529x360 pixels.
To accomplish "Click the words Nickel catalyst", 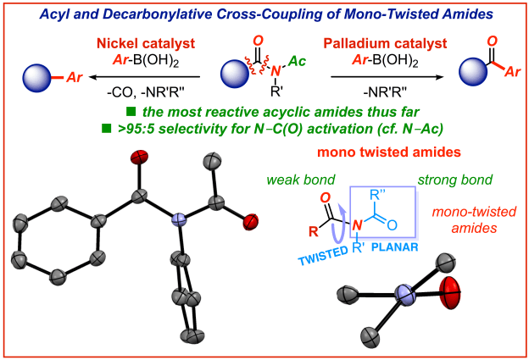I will pos(114,42).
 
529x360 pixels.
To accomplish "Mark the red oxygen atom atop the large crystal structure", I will pos(141,157).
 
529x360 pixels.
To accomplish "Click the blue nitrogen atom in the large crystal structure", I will pos(179,220).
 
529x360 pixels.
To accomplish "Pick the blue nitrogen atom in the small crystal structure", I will pos(405,297).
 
